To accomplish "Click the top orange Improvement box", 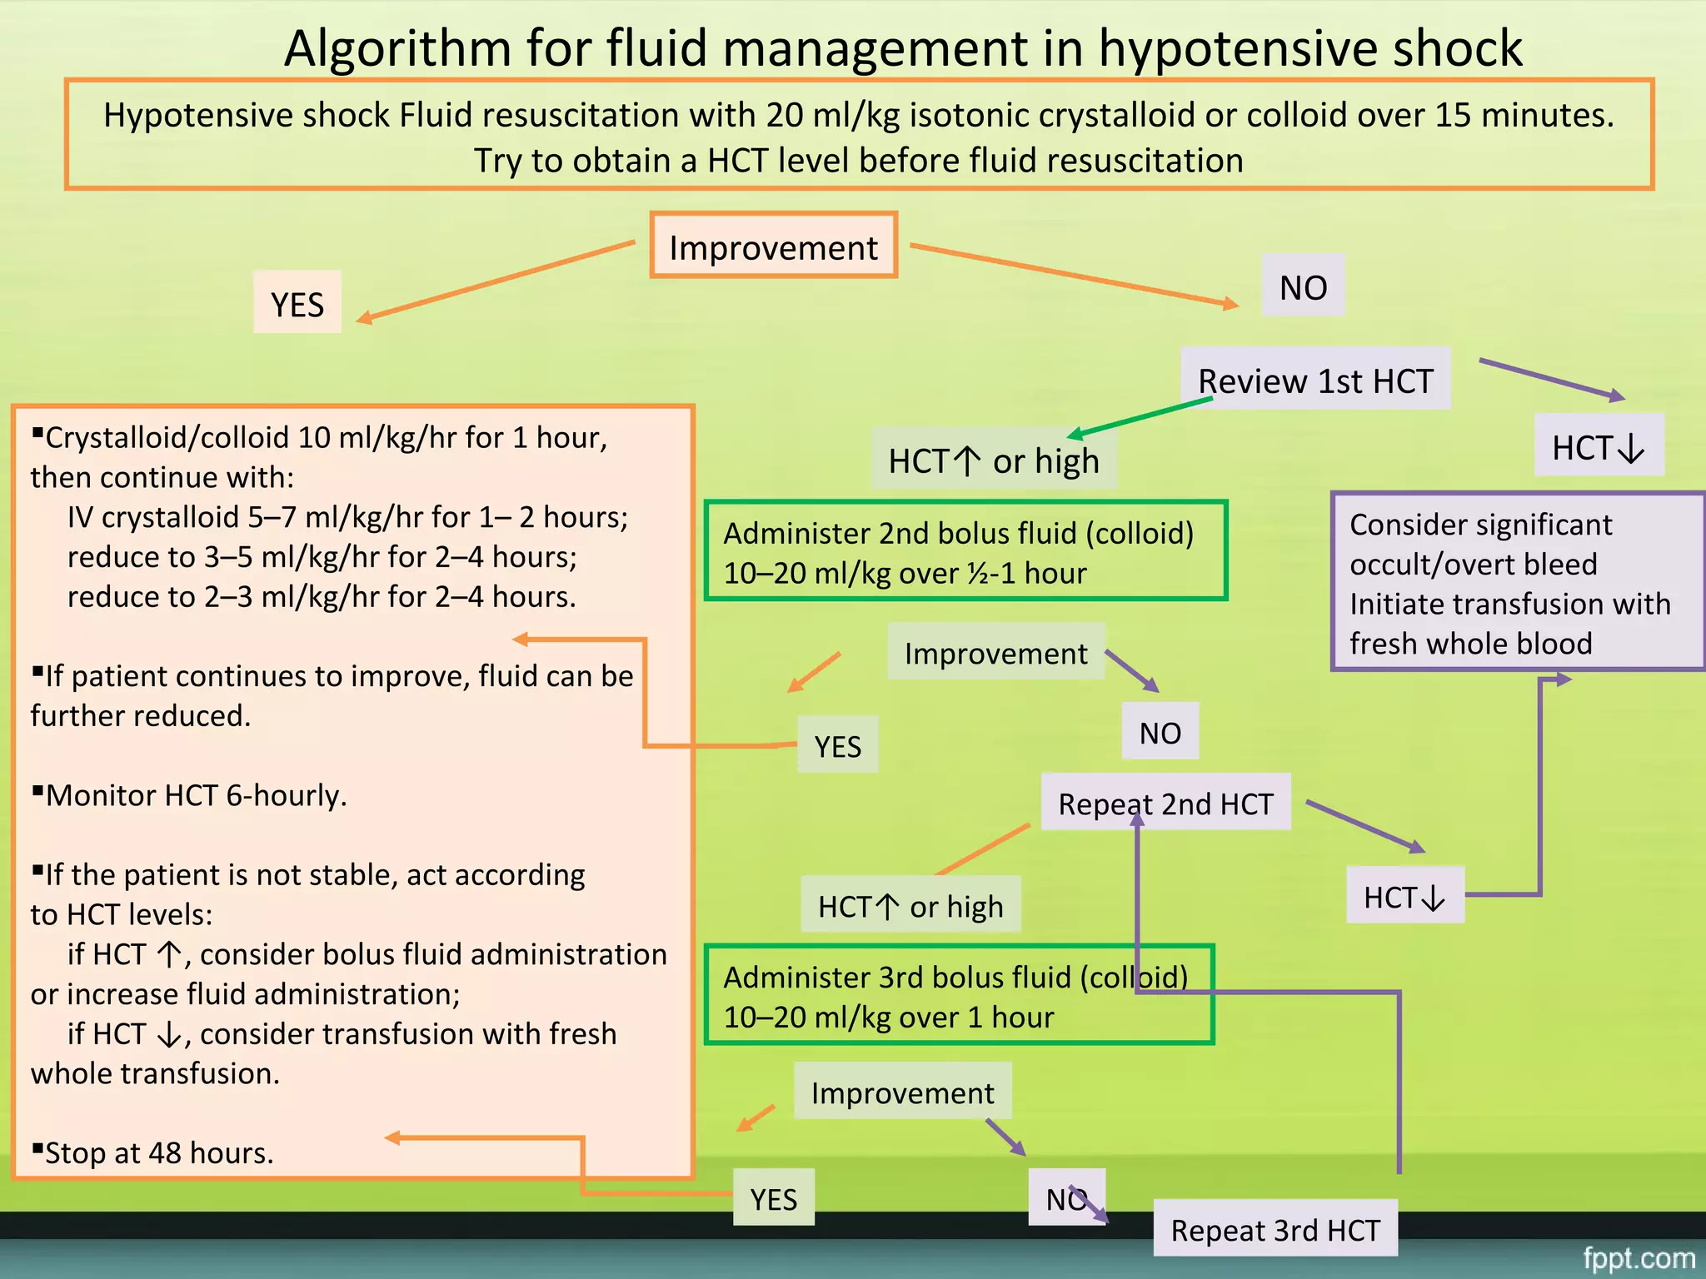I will pyautogui.click(x=773, y=246).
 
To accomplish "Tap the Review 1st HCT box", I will pyautogui.click(x=1315, y=380).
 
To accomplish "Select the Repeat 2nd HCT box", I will pyautogui.click(x=1165, y=803).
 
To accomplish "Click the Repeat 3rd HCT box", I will pyautogui.click(x=1275, y=1229).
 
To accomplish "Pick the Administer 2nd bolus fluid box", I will pyautogui.click(x=965, y=551).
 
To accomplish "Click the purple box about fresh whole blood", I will pyautogui.click(x=1516, y=583).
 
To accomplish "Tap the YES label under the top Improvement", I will pyautogui.click(x=297, y=303).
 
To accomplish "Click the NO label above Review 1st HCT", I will pyautogui.click(x=1303, y=286).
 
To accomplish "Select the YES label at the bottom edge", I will pyautogui.click(x=773, y=1198).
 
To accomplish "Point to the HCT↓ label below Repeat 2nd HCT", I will pyautogui.click(x=1404, y=896).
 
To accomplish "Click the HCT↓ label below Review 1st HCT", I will pyautogui.click(x=1599, y=446).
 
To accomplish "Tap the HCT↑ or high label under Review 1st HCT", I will pyautogui.click(x=993, y=460).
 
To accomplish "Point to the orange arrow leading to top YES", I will pyautogui.click(x=496, y=281).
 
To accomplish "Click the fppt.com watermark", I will pyautogui.click(x=1639, y=1257).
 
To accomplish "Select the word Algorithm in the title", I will pyautogui.click(x=397, y=48).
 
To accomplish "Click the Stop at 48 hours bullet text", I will pyautogui.click(x=158, y=1152).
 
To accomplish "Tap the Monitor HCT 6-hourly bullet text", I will pyautogui.click(x=195, y=795).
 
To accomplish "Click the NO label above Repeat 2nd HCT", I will pyautogui.click(x=1160, y=732).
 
